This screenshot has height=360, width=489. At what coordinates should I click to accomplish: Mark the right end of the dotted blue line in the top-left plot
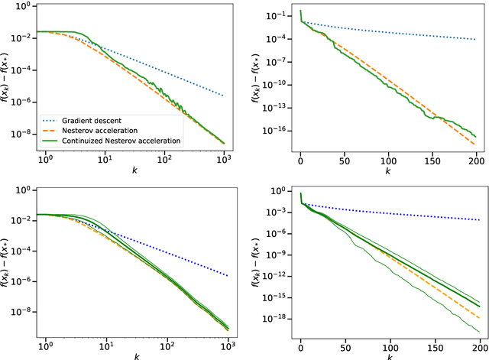223,96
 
